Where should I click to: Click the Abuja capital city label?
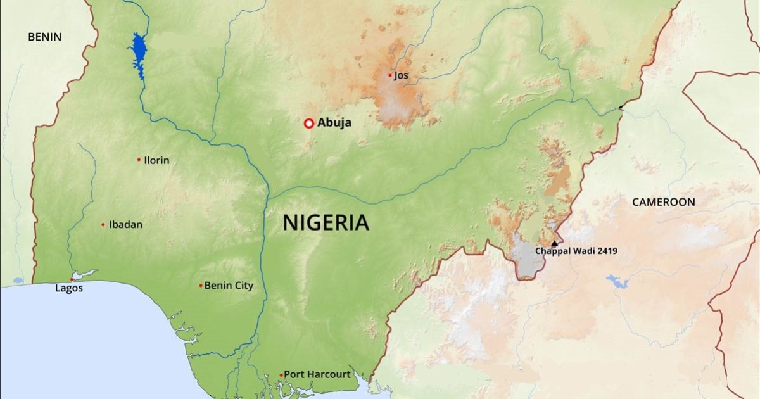pyautogui.click(x=334, y=123)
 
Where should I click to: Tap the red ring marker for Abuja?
pyautogui.click(x=308, y=123)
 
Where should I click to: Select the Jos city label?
pyautogui.click(x=402, y=75)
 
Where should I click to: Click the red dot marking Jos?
pyautogui.click(x=390, y=75)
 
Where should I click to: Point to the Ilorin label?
pyautogui.click(x=156, y=160)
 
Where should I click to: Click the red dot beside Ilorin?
pyautogui.click(x=139, y=160)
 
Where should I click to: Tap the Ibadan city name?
pyautogui.click(x=125, y=224)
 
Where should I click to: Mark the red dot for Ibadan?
pyautogui.click(x=103, y=224)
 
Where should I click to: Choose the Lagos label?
pyautogui.click(x=68, y=288)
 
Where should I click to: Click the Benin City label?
pyautogui.click(x=229, y=286)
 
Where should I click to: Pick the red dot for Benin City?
pyautogui.click(x=201, y=286)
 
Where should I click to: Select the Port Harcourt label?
pyautogui.click(x=317, y=374)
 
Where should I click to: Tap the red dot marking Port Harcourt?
pyautogui.click(x=281, y=375)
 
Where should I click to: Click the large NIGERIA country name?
pyautogui.click(x=326, y=222)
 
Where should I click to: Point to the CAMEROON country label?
pyautogui.click(x=663, y=202)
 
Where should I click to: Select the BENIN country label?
pyautogui.click(x=44, y=37)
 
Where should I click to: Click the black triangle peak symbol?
pyautogui.click(x=555, y=243)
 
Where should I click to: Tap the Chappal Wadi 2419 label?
pyautogui.click(x=576, y=251)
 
